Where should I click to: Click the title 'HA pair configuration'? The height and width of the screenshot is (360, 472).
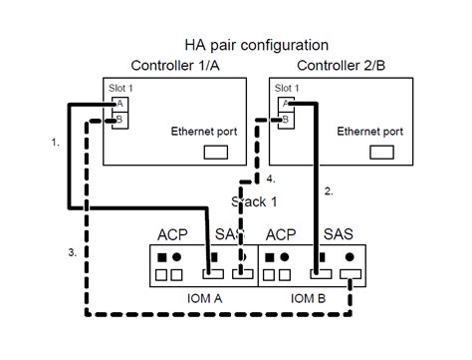coord(256,45)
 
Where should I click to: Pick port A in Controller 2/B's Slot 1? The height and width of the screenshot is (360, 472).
coord(286,103)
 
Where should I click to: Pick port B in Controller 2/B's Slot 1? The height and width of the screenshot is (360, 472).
coord(286,120)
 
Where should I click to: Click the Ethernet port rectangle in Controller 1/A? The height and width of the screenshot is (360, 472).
coord(216,153)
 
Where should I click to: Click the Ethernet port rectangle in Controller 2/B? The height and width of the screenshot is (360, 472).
coord(382,153)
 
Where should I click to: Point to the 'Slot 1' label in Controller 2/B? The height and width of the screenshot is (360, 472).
coord(287,87)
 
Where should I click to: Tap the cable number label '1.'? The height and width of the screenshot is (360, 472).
coord(56,144)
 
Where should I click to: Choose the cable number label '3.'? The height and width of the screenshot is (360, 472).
coord(74,253)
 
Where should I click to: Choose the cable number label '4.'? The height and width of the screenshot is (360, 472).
coord(271,179)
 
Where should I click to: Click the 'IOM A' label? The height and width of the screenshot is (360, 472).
coord(203,297)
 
